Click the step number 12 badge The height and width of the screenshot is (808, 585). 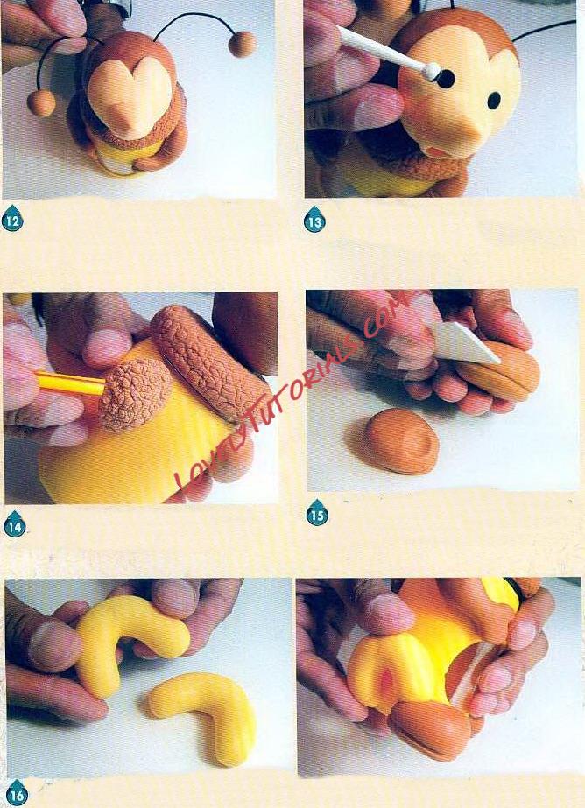click(12, 221)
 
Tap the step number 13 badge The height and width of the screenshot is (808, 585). click(314, 221)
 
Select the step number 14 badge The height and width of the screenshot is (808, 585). click(14, 525)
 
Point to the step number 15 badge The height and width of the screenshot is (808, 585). click(317, 513)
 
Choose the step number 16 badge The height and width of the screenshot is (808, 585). click(17, 794)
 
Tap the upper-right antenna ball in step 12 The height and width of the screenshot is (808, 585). click(243, 44)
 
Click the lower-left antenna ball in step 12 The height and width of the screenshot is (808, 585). click(41, 103)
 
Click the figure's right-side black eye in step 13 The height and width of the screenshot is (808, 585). click(494, 100)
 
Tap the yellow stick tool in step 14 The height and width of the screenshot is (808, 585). click(70, 383)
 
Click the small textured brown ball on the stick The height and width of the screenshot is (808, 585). click(135, 394)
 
